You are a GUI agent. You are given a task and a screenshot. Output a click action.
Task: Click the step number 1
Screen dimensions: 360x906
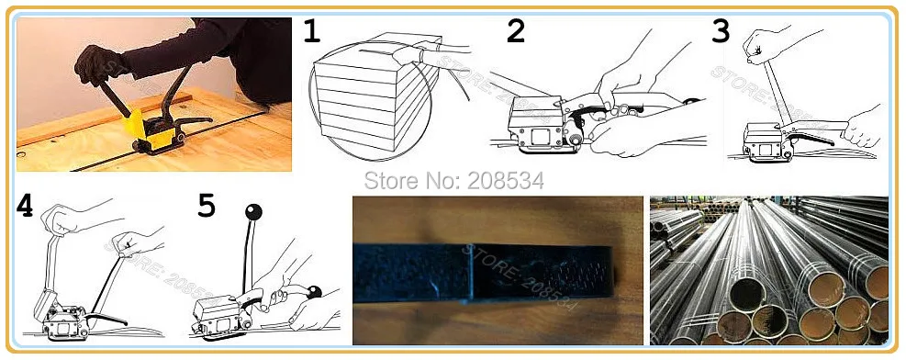pyautogui.click(x=313, y=33)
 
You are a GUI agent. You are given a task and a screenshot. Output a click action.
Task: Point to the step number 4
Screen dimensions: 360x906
pyautogui.click(x=26, y=206)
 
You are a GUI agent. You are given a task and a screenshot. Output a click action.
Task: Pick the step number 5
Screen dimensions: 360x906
pyautogui.click(x=207, y=206)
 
